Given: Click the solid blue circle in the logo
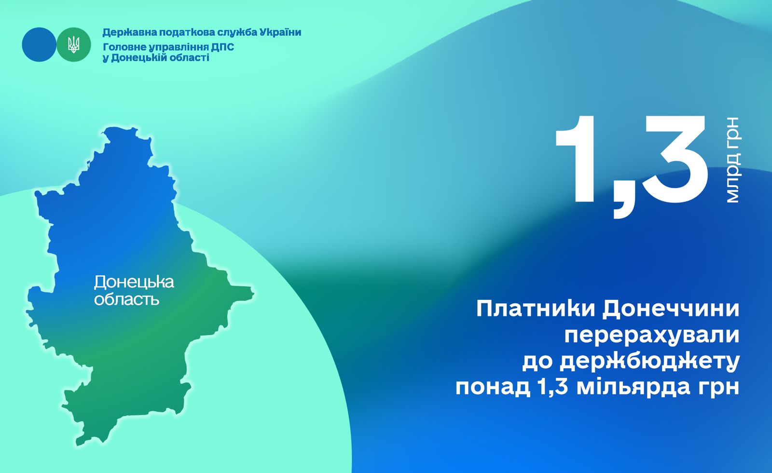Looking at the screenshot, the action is point(39,45).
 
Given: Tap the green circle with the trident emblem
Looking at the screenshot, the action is point(73,45).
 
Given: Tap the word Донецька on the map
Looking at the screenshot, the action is point(134,283).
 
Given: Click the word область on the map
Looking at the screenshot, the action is point(126,300).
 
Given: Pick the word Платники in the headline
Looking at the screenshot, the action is point(536,309).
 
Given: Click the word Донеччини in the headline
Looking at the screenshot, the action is point(671,310).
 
